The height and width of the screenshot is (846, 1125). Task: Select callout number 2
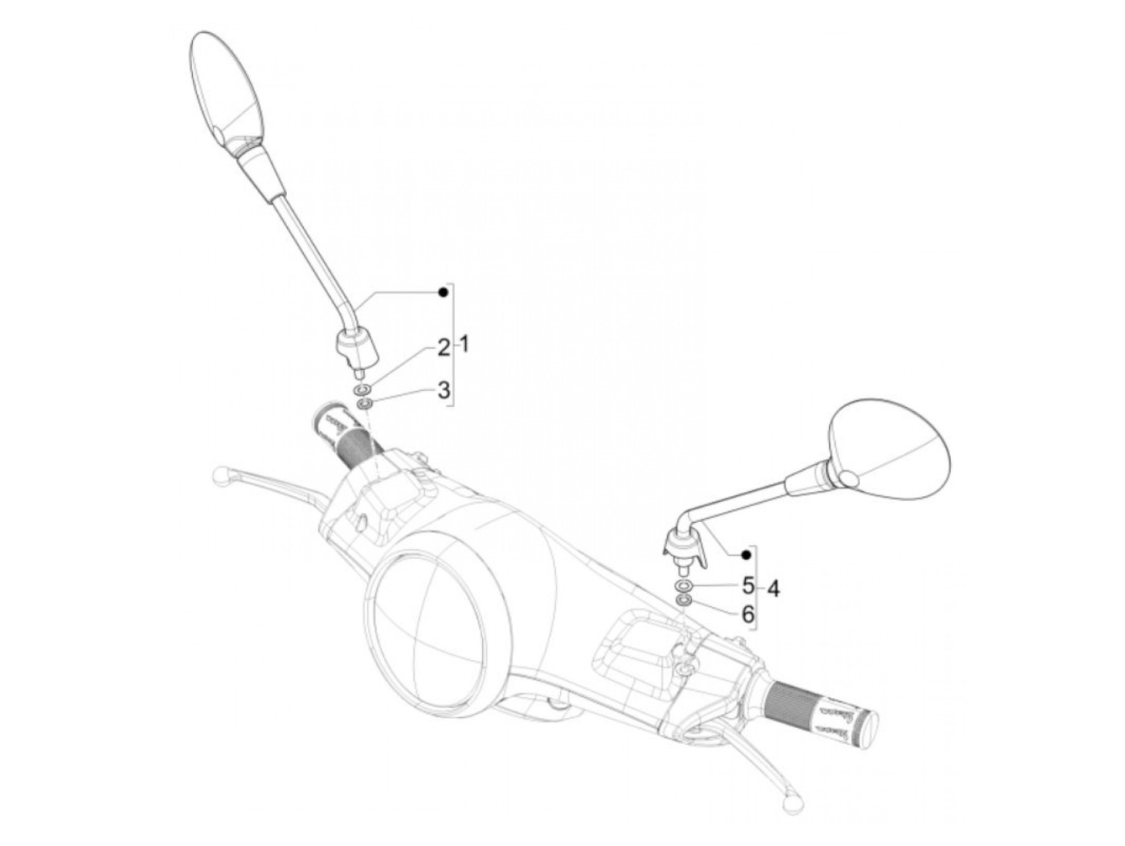pos(444,347)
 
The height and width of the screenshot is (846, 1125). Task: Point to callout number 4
pos(772,589)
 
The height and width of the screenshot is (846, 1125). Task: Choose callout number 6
pos(748,615)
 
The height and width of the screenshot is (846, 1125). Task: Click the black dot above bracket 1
pos(443,293)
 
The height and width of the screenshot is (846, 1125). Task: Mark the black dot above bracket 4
pos(746,554)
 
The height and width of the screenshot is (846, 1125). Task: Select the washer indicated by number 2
pos(362,389)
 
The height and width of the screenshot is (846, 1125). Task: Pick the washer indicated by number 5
pos(682,585)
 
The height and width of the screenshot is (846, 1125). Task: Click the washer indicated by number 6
pos(681,601)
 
